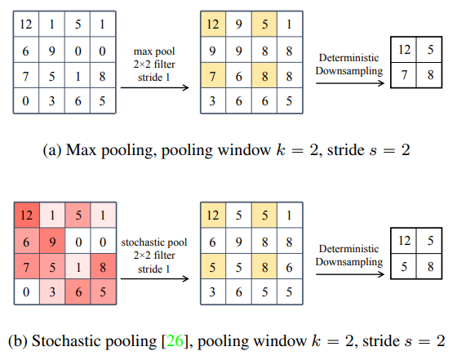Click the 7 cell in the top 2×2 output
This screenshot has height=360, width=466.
click(x=404, y=76)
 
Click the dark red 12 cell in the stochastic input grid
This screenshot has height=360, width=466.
click(x=26, y=216)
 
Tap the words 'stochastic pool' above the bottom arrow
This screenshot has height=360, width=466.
click(x=152, y=242)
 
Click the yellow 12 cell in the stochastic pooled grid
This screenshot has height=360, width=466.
click(x=211, y=216)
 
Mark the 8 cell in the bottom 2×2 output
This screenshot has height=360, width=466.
click(x=429, y=266)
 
